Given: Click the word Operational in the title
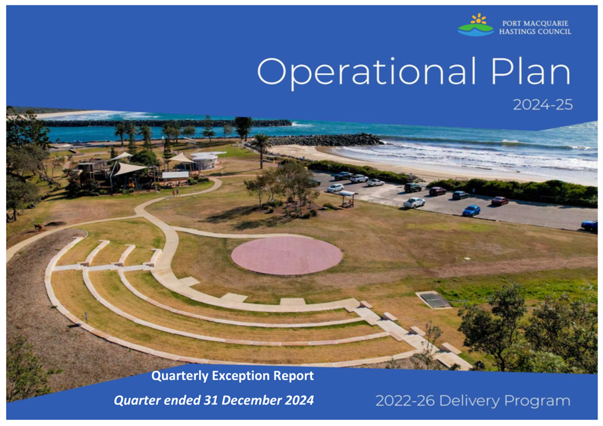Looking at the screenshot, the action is [367, 72].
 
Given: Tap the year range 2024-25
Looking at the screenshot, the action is [543, 104].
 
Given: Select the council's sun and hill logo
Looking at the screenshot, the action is [475, 25].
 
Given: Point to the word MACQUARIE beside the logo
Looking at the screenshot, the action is [549, 23].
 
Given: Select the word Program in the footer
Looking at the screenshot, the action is [537, 401].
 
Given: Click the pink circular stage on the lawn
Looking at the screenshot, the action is [286, 255].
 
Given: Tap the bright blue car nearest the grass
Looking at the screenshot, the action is [472, 211].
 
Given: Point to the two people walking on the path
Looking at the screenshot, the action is [176, 192].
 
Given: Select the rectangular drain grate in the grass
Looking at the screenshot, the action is [434, 300].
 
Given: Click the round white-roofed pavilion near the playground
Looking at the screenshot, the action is [205, 160].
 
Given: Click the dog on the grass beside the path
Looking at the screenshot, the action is [38, 227].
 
